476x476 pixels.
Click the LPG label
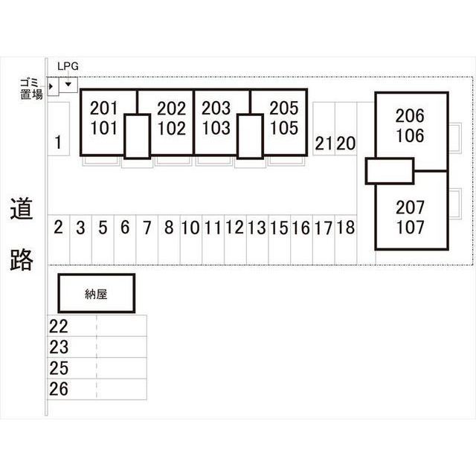(x=68, y=66)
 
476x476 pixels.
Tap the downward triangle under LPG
(x=68, y=84)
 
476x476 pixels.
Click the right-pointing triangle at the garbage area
(x=51, y=86)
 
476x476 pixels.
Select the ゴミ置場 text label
(x=31, y=89)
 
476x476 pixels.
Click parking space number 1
(x=58, y=142)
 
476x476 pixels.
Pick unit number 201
(x=103, y=108)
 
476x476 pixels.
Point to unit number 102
(x=172, y=128)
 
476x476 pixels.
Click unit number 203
(x=216, y=108)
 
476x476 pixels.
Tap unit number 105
(x=284, y=128)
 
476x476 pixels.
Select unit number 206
(x=410, y=116)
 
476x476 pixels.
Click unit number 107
(x=410, y=228)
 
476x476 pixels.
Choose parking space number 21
(x=323, y=144)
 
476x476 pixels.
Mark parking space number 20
(x=346, y=144)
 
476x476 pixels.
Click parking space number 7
(x=147, y=228)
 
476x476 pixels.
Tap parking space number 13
(x=257, y=228)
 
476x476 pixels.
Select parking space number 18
(x=346, y=228)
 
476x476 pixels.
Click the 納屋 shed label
(x=96, y=294)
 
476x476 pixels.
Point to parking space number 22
(x=59, y=327)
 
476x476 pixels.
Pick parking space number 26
(x=59, y=389)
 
